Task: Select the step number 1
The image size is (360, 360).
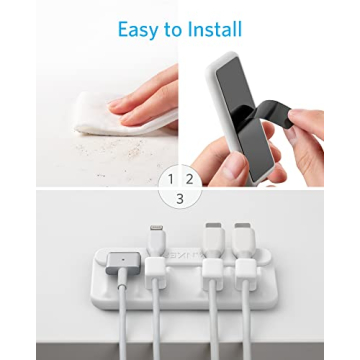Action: [171, 179]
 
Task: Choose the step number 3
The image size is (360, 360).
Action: [179, 198]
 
